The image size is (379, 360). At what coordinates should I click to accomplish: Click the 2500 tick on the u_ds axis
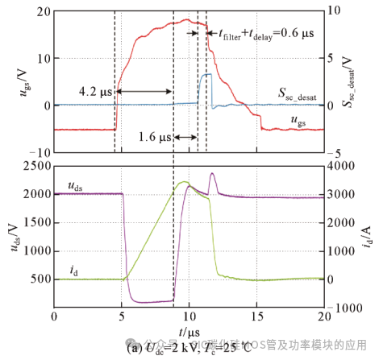click(x=34, y=165)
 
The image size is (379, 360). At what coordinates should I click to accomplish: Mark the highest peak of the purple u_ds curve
click(x=212, y=173)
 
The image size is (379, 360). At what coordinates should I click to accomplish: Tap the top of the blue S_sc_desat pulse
click(x=206, y=74)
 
